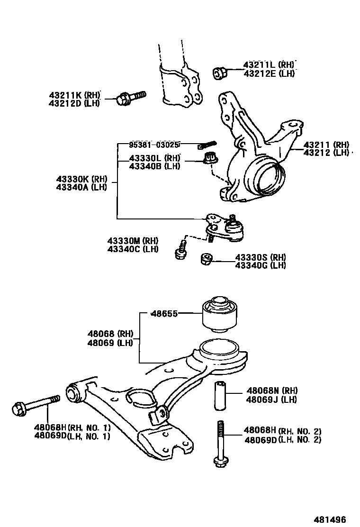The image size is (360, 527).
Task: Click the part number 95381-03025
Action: point(155,144)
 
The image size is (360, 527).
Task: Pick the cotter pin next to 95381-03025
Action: point(207,144)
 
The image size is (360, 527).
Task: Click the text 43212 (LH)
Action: point(326,153)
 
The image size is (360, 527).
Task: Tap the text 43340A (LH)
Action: point(81,187)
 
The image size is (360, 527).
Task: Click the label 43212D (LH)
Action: point(74,103)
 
